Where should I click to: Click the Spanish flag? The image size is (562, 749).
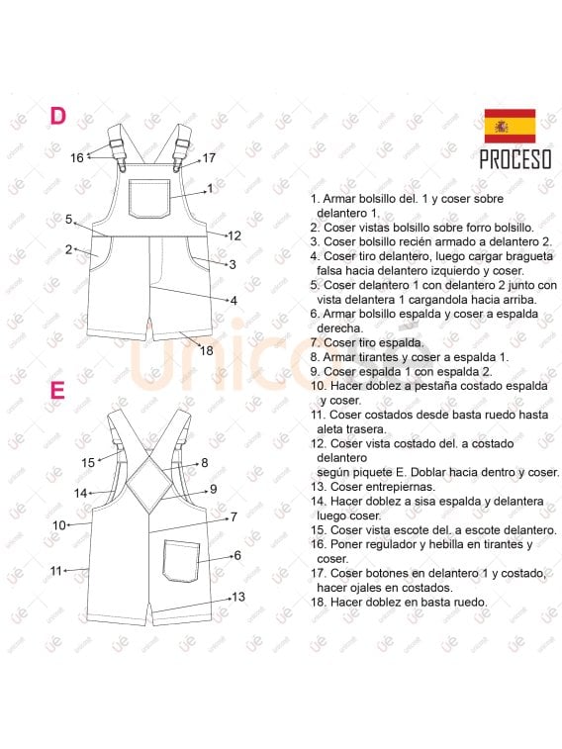point(509,126)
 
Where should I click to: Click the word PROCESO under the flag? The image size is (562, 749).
point(515,159)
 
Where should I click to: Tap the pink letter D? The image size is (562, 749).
point(58,117)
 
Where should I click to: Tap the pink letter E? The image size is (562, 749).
point(57,391)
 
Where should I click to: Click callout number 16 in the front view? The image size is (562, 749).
point(77,157)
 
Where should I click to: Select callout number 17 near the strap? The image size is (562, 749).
point(209,158)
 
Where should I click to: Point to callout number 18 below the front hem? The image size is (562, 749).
point(207,350)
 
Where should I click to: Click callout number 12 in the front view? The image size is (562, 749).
point(234,235)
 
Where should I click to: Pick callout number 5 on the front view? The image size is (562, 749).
point(69,220)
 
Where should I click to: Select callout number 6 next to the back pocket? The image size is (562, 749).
point(237,556)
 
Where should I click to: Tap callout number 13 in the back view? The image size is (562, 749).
point(238,597)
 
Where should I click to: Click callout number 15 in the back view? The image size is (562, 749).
point(88,462)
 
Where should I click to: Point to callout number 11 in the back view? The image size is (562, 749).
point(56,570)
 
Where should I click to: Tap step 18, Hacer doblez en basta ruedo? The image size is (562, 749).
point(398,602)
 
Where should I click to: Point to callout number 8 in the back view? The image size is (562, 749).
point(205,462)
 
